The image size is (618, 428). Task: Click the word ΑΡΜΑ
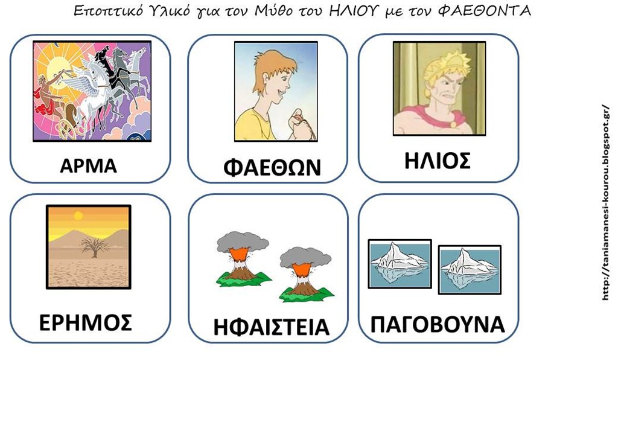pyautogui.click(x=88, y=165)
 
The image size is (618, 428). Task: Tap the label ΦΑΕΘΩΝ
pyautogui.click(x=272, y=167)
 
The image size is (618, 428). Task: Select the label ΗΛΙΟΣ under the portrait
pyautogui.click(x=438, y=161)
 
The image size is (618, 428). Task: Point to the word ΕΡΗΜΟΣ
pyautogui.click(x=86, y=322)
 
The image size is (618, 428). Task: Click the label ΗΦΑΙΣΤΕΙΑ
pyautogui.click(x=271, y=327)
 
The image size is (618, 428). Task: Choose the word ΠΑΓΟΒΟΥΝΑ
pyautogui.click(x=438, y=324)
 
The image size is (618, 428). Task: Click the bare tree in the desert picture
pyautogui.click(x=95, y=247)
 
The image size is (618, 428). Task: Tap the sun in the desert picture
pyautogui.click(x=78, y=215)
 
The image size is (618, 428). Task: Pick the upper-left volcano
pyautogui.click(x=243, y=258)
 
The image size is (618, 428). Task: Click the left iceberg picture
pyautogui.click(x=400, y=264)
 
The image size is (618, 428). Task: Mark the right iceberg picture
pyautogui.click(x=470, y=270)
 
